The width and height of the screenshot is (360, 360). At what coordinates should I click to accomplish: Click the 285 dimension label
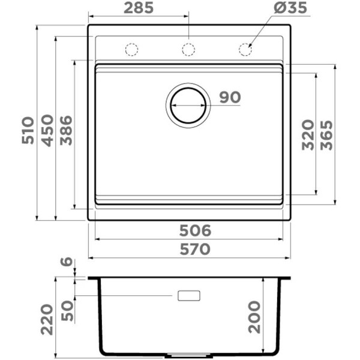click(x=139, y=8)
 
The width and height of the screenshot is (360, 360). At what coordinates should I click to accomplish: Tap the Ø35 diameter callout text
click(x=290, y=8)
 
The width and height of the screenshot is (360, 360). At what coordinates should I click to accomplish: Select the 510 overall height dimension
click(x=28, y=130)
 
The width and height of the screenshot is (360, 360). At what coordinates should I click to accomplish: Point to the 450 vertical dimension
click(x=47, y=130)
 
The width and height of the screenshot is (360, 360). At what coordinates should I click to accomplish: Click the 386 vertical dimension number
click(x=66, y=130)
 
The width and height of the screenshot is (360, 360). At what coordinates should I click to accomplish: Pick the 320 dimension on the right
click(x=308, y=135)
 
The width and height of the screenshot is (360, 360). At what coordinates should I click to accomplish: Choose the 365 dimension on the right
click(x=326, y=135)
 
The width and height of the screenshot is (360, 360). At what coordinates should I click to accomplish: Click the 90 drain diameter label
click(x=230, y=97)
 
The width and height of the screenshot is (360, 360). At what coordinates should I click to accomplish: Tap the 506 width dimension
click(x=195, y=230)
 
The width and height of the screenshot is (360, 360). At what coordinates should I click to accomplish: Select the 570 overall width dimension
click(x=195, y=249)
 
